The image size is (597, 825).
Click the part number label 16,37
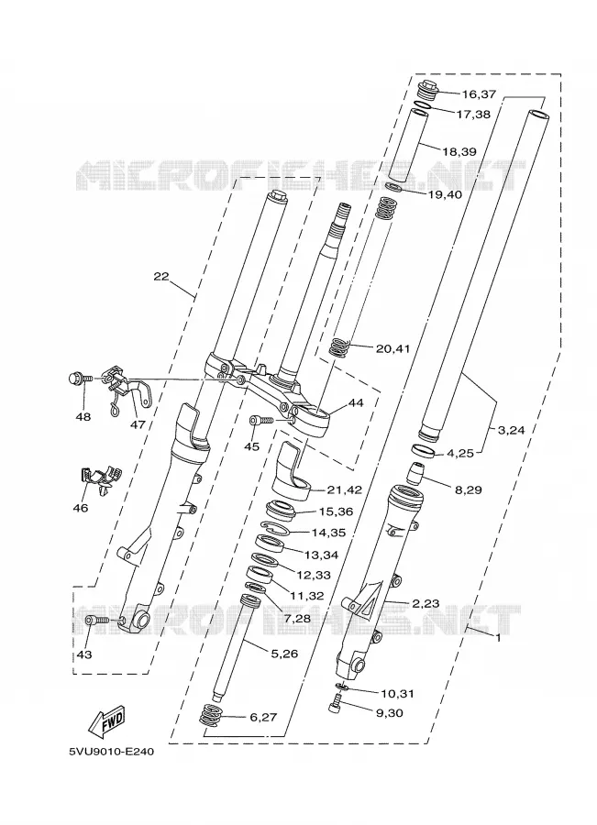[x=479, y=94]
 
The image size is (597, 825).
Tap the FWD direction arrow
[x=105, y=720]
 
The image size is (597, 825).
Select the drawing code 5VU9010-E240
[x=112, y=752]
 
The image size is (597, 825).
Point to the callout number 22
[x=161, y=276]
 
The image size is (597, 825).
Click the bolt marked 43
[x=97, y=621]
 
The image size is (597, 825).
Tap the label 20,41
[x=392, y=348]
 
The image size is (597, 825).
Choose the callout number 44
[x=356, y=403]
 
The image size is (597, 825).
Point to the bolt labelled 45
[x=261, y=421]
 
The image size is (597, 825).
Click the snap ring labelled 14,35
[x=275, y=528]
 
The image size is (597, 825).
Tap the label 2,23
[x=426, y=603]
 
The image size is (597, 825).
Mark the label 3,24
[x=511, y=430]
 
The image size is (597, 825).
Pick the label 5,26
[x=285, y=654]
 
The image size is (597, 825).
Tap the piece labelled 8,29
[x=416, y=472]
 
